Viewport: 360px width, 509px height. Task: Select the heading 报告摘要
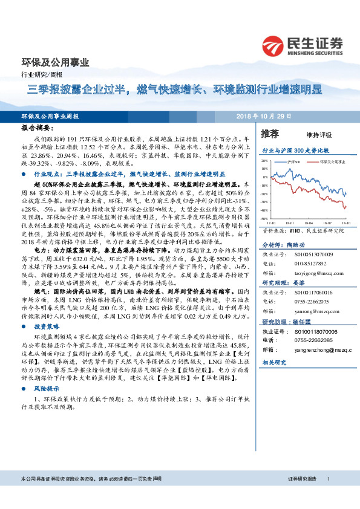tap(38, 129)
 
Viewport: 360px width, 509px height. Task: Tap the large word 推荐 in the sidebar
tap(270, 133)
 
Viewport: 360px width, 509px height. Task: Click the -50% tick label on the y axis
tap(264, 218)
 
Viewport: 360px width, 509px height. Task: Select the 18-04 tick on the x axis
tap(308, 222)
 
